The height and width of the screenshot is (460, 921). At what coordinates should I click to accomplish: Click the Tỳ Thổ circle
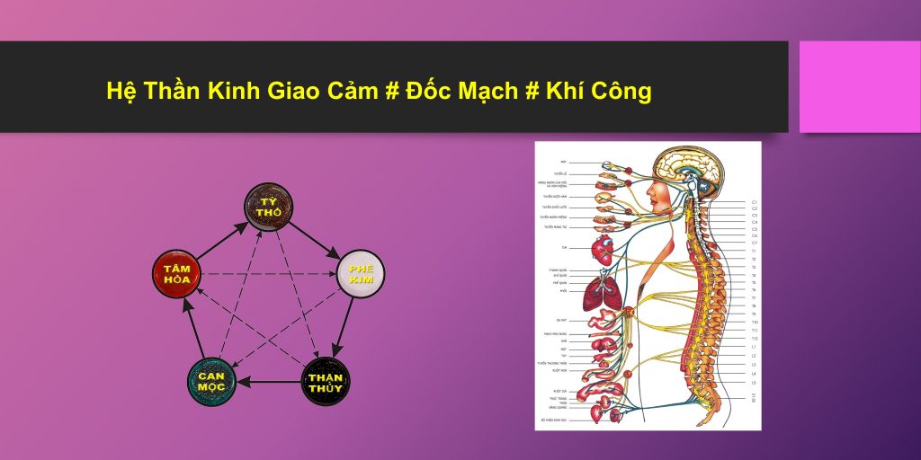coord(269,207)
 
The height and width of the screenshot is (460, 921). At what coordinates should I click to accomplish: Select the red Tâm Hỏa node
coord(178,275)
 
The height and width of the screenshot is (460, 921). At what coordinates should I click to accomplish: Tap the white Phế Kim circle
coord(360,275)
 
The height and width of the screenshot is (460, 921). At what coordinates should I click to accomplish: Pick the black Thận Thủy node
coord(326,381)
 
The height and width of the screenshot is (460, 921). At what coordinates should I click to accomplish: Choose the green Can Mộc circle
coord(212,381)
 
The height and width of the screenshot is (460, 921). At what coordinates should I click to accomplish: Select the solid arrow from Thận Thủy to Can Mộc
coord(269,382)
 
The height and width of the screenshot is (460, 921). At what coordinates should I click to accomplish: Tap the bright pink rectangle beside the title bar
coord(859,86)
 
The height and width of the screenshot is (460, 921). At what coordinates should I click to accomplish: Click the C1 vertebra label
coord(755,202)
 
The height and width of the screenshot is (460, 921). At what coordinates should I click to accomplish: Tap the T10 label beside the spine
coord(755,322)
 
